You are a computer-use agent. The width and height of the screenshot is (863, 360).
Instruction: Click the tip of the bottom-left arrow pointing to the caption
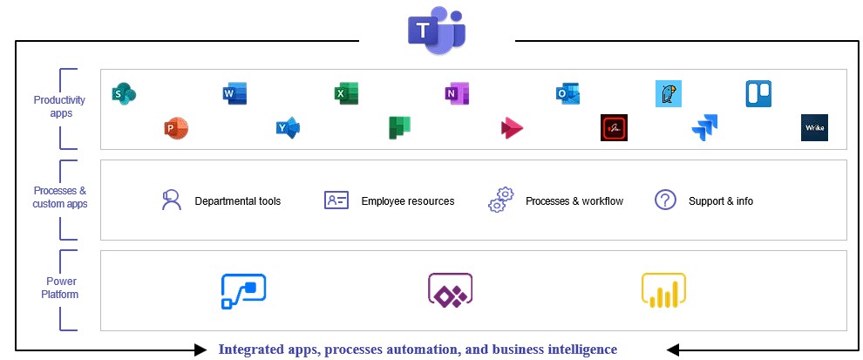[207, 350]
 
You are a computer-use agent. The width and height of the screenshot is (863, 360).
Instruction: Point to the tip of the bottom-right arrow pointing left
[666, 350]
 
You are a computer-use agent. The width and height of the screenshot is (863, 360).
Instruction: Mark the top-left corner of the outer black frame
[16, 41]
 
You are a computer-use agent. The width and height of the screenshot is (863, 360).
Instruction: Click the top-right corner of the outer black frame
[858, 41]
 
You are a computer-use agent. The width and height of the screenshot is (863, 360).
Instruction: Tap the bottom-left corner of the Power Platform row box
[101, 331]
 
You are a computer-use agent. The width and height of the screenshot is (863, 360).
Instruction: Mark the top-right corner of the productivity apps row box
[846, 70]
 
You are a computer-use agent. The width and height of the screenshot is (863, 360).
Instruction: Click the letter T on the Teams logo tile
[422, 31]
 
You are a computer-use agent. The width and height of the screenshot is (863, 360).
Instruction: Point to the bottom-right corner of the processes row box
[846, 240]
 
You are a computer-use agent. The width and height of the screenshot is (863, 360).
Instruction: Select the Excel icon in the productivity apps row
[346, 93]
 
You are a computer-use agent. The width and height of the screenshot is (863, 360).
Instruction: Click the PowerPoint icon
[176, 129]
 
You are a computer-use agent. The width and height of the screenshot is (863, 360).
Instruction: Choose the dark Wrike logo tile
[814, 128]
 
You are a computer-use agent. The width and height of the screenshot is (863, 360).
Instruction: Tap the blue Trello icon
[758, 93]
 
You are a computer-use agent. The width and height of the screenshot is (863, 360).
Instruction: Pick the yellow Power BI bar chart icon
[663, 290]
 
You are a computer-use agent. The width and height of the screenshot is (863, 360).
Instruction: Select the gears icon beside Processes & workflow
[501, 200]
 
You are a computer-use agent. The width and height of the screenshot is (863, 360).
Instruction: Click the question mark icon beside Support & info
[665, 200]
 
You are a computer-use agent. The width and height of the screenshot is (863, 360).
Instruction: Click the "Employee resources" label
[408, 201]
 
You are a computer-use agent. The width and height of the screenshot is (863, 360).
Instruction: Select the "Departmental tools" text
[238, 201]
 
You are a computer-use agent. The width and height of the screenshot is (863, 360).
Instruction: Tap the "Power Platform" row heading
[60, 288]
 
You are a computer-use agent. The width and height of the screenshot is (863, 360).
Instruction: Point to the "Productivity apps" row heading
[59, 107]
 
